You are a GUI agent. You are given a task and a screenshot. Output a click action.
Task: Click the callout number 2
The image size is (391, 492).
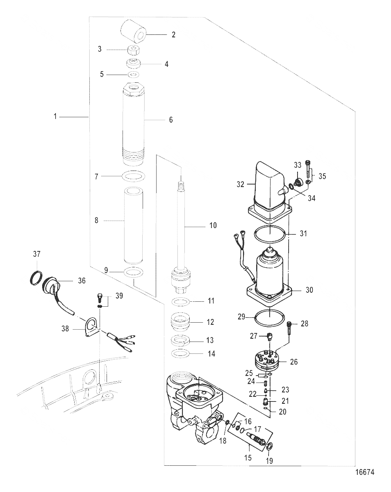point(173,35)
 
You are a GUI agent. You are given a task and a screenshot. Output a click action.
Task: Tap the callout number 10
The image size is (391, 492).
point(213,225)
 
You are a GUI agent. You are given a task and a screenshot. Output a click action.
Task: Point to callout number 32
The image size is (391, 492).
point(240,184)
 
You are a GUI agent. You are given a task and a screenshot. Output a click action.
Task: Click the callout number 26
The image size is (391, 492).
point(294,362)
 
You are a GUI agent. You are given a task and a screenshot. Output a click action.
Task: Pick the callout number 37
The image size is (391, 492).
point(36,255)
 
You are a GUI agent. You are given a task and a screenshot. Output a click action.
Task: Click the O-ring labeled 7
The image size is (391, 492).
point(134,176)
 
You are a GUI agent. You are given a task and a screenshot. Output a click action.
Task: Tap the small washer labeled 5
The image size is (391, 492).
point(134,75)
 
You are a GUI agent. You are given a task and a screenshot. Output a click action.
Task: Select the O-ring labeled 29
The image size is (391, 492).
point(270,316)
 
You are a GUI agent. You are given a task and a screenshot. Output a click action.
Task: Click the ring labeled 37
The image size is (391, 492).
point(36,278)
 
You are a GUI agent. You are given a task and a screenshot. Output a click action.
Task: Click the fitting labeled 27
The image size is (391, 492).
point(269,337)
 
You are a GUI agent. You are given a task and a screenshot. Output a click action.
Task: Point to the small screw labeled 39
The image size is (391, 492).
point(99,296)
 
